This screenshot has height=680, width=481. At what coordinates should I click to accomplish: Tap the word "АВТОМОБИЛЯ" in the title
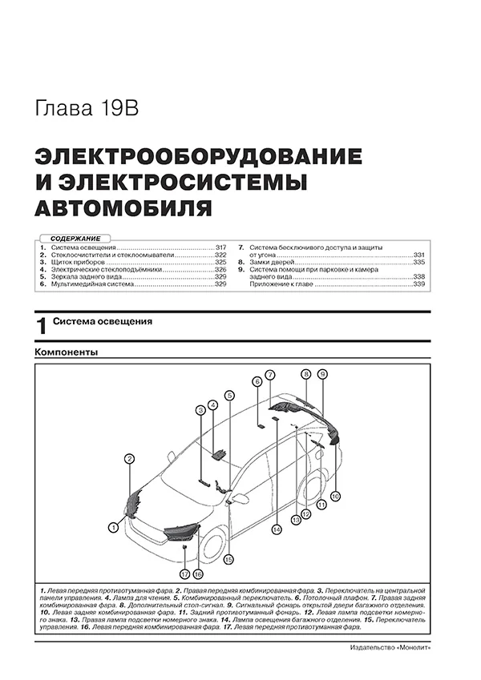click(124, 209)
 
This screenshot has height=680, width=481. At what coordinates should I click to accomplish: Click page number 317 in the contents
click(221, 247)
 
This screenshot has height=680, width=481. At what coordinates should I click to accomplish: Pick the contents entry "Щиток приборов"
click(77, 263)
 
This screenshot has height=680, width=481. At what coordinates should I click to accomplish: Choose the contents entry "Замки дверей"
click(276, 263)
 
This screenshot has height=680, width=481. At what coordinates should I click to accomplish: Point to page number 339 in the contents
click(418, 284)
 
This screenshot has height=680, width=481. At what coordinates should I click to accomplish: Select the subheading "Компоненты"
click(67, 352)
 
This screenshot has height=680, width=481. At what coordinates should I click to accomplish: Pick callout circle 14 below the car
click(275, 529)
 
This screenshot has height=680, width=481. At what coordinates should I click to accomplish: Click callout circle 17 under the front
click(184, 574)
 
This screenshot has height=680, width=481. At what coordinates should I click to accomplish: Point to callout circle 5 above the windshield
click(228, 395)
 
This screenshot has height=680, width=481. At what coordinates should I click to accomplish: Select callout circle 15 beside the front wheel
click(228, 559)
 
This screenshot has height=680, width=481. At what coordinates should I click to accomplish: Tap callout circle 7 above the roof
click(271, 375)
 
